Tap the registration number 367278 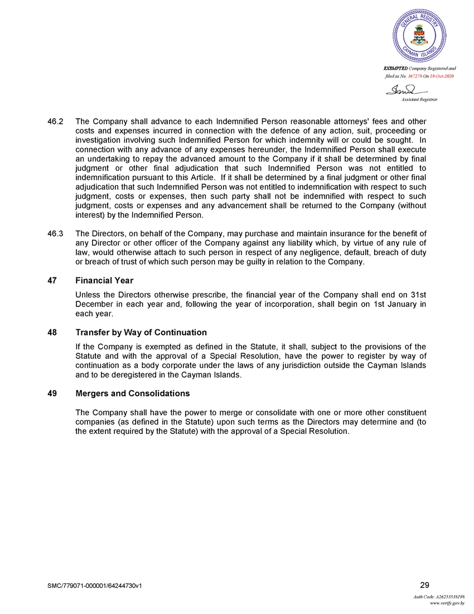[x=417, y=75]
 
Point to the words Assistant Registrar [x=419, y=99]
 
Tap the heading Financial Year [x=104, y=280]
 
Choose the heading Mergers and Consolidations [x=133, y=394]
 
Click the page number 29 [x=424, y=584]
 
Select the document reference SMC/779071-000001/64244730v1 [x=98, y=586]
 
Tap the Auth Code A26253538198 [x=439, y=597]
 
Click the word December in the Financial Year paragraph [x=93, y=304]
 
